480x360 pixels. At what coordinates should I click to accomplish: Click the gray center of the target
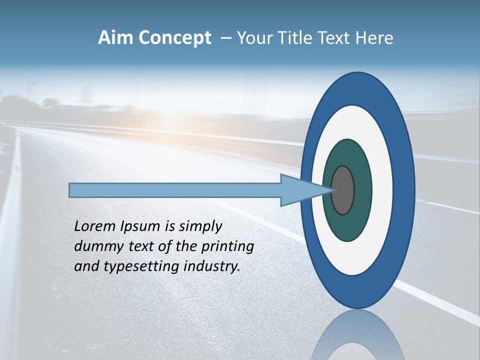342,190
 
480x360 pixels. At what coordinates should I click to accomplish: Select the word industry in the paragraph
212,266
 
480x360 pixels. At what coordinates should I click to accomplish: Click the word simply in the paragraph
200,227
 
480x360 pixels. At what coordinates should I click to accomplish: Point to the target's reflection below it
357,337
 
